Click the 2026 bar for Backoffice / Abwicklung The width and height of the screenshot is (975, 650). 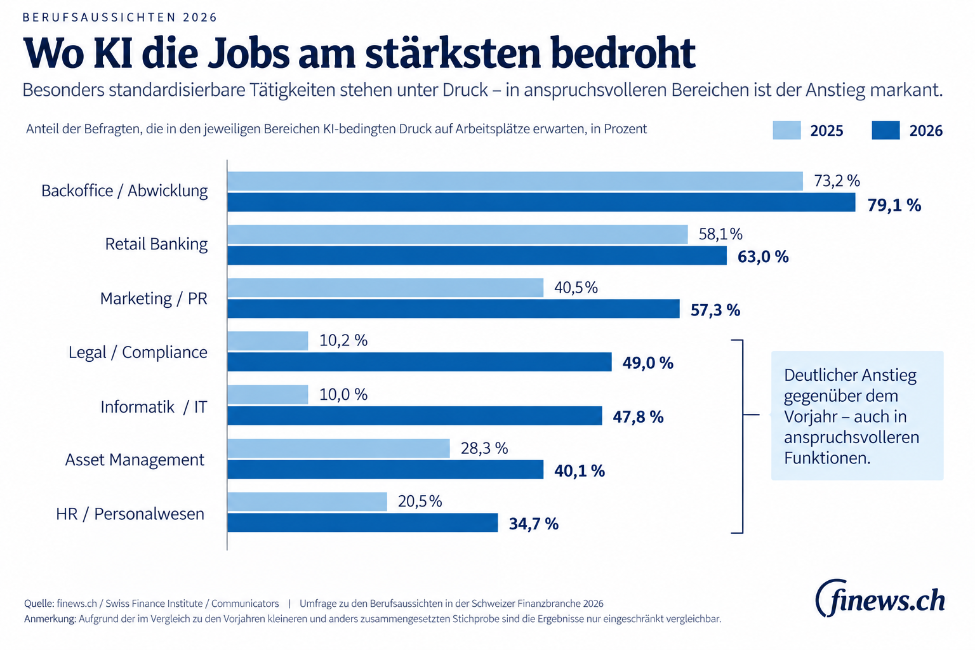[541, 202]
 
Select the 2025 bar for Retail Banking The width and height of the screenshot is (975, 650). [458, 234]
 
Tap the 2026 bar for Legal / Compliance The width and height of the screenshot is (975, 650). [419, 362]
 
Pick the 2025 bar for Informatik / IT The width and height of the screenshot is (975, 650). [268, 394]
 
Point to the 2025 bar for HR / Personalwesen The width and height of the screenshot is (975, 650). [307, 501]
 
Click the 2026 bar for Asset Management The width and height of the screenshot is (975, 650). [385, 469]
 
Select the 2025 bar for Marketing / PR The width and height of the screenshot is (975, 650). [385, 288]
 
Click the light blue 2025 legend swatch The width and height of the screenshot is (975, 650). [786, 130]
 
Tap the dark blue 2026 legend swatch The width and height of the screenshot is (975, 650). [885, 130]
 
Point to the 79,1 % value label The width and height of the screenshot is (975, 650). [894, 205]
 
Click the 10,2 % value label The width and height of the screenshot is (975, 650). [343, 340]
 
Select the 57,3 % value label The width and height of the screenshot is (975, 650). [715, 310]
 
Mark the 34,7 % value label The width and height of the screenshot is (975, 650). [534, 524]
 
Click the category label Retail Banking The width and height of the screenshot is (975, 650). [156, 244]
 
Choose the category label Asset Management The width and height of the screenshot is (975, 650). [135, 460]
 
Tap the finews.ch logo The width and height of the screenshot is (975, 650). [880, 598]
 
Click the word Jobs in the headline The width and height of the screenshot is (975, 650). [248, 54]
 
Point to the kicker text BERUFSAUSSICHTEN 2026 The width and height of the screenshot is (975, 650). [120, 17]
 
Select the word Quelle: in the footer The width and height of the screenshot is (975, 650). [39, 604]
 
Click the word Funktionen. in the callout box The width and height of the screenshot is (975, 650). [827, 458]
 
